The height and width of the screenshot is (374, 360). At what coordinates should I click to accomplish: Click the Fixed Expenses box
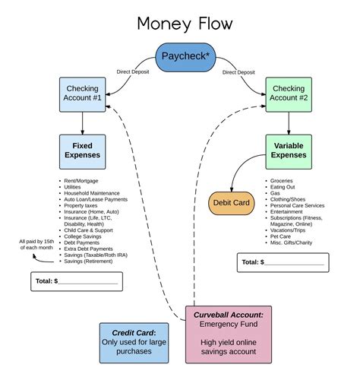click(x=83, y=151)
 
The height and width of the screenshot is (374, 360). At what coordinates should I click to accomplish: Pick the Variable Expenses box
click(x=288, y=151)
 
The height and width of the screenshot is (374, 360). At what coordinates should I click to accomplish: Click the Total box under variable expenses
click(x=283, y=261)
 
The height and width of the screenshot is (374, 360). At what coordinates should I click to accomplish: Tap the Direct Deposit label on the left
click(x=134, y=71)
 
